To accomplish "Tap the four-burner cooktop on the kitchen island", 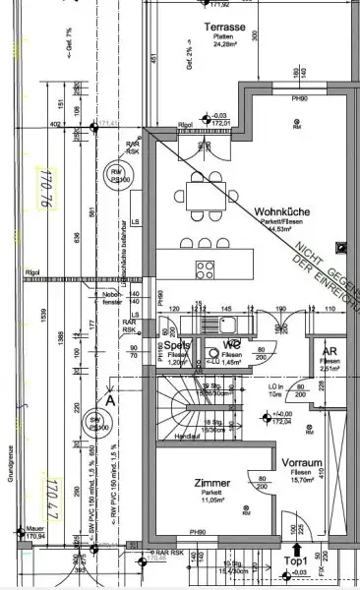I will (207, 241).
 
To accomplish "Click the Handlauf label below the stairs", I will (187, 436).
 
